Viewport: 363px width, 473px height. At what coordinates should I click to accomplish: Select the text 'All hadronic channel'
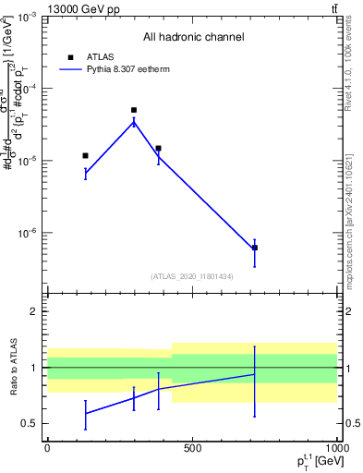click(193, 37)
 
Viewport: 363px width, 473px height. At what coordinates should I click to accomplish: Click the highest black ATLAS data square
click(134, 110)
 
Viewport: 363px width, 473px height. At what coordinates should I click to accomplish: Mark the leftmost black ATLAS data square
click(85, 155)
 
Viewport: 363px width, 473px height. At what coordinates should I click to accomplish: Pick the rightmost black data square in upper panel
click(255, 248)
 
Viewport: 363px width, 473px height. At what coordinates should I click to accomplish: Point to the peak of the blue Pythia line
click(134, 121)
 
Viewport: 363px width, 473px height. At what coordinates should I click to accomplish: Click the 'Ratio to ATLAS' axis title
click(12, 367)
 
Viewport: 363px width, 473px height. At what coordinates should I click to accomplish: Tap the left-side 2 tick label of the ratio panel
click(35, 312)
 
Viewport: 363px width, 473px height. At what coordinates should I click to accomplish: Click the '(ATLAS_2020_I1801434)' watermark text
click(193, 276)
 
